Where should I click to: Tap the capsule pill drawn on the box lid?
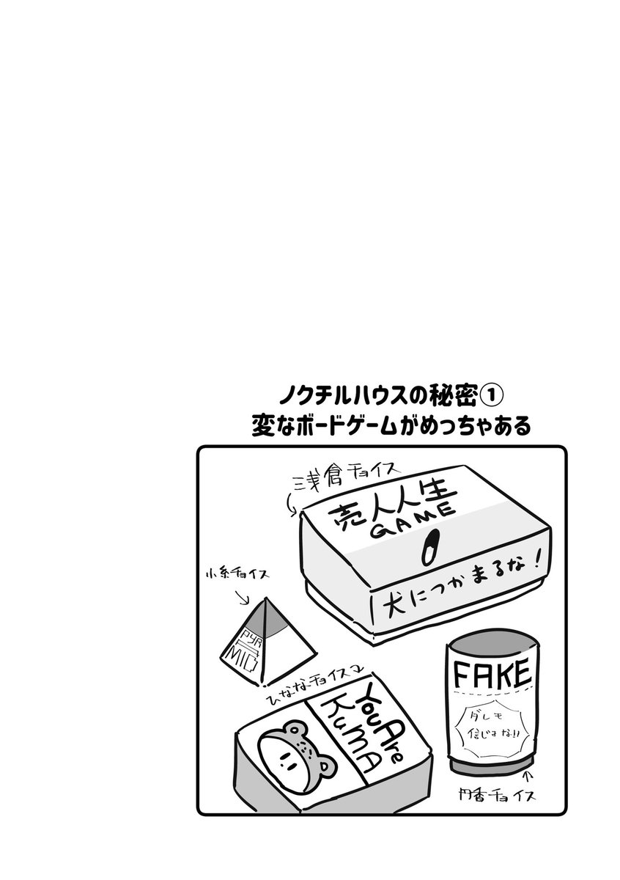click(x=429, y=545)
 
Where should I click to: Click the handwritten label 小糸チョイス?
click(x=235, y=571)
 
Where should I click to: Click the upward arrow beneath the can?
click(x=528, y=776)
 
